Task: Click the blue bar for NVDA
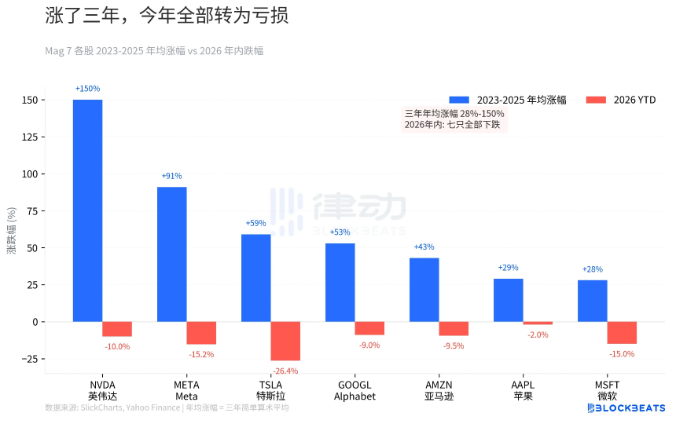click(x=87, y=210)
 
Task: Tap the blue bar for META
click(x=171, y=254)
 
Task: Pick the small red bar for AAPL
click(x=538, y=323)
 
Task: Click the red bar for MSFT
click(x=622, y=333)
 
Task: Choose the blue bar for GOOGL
click(x=340, y=283)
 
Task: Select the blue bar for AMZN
click(x=424, y=290)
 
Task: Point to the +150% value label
click(x=87, y=89)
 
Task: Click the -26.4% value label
click(x=285, y=371)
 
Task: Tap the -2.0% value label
click(x=538, y=334)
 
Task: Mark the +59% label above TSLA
click(x=255, y=224)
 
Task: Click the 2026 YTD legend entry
click(x=622, y=100)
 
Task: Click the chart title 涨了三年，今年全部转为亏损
click(x=167, y=16)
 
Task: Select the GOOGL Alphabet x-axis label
click(x=355, y=390)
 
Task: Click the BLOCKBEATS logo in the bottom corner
click(x=626, y=408)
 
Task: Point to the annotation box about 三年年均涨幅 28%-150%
click(x=454, y=119)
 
